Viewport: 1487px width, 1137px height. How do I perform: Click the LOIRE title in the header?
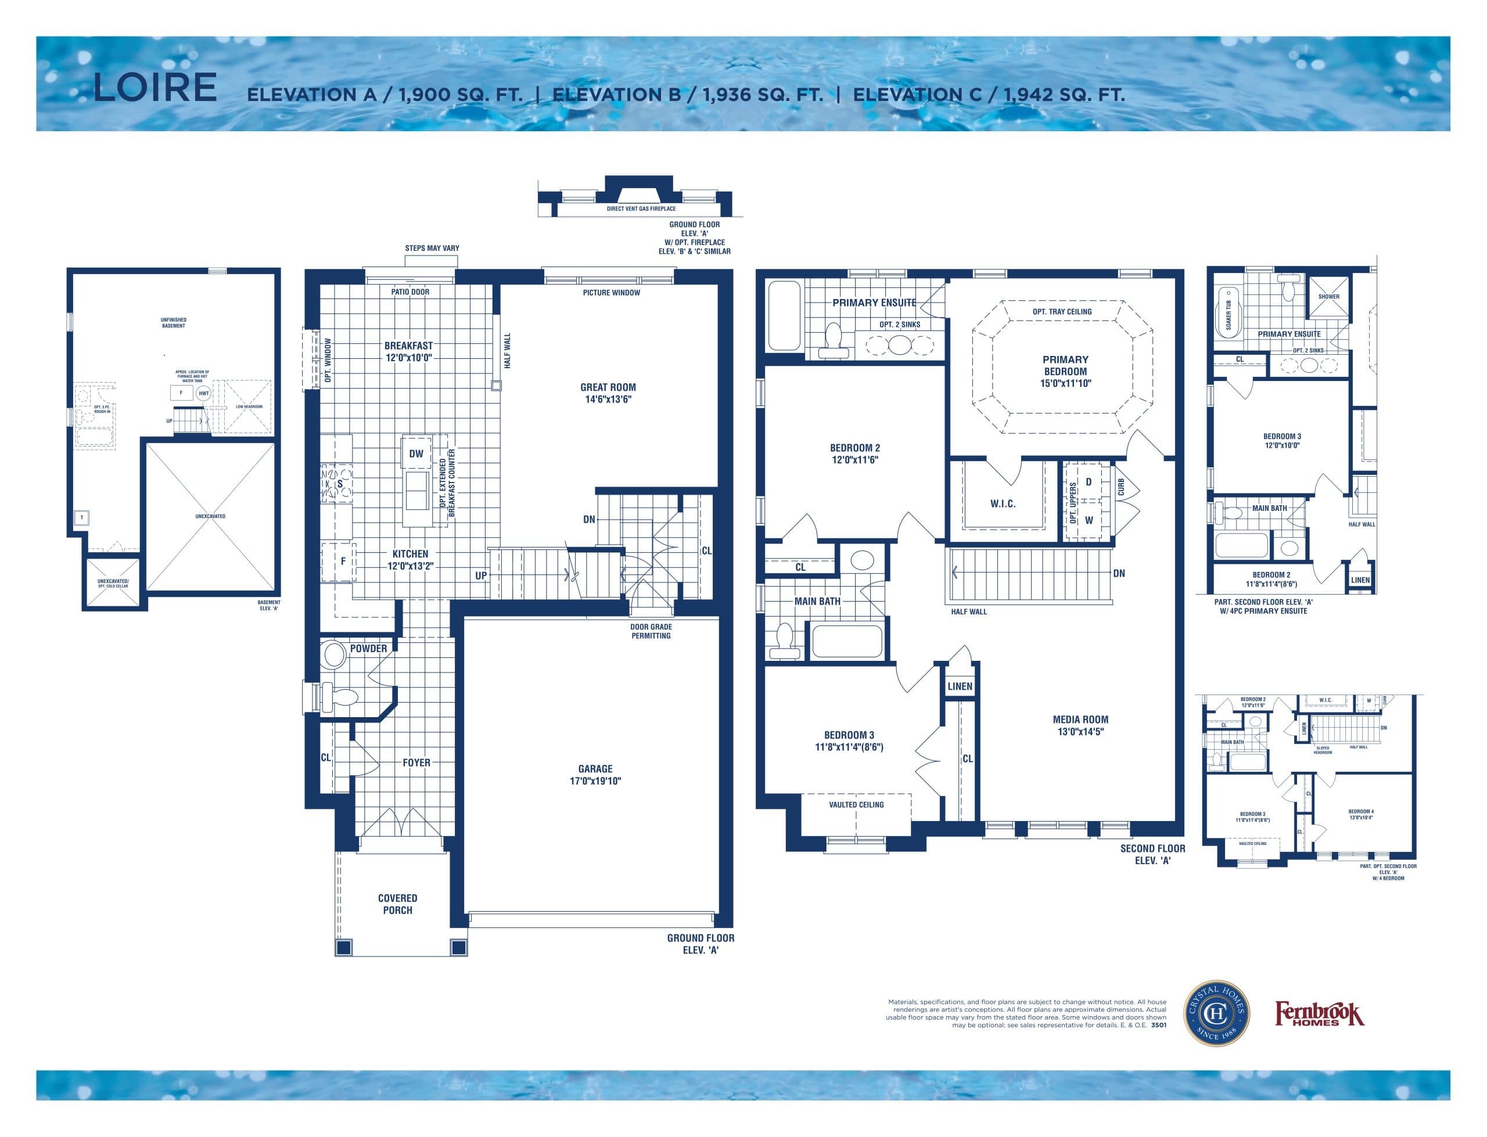(155, 88)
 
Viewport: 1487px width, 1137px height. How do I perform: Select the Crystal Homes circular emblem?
(1216, 1013)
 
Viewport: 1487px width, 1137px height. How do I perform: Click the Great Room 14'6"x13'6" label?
(607, 393)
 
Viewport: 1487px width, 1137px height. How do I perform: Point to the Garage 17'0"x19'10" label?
(595, 774)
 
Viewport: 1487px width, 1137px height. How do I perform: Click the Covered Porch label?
(397, 904)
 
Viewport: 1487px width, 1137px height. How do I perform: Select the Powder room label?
(368, 649)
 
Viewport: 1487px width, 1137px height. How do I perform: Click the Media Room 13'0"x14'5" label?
(1080, 725)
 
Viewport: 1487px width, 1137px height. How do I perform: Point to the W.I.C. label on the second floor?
(1002, 503)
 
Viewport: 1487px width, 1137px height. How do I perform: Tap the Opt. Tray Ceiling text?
(1061, 312)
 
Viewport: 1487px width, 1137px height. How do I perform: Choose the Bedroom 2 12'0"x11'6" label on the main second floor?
(854, 454)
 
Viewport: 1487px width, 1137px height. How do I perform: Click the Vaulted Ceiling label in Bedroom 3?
(856, 805)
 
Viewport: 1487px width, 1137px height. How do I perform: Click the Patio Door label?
(410, 292)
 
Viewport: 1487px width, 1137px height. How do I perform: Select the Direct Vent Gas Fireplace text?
(640, 209)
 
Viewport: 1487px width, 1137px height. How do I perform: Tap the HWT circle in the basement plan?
(204, 393)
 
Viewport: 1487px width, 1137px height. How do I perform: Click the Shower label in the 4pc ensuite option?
(1328, 296)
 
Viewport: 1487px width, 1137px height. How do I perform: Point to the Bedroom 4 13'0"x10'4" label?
(1360, 814)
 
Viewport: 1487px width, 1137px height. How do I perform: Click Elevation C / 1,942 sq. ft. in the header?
(988, 95)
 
